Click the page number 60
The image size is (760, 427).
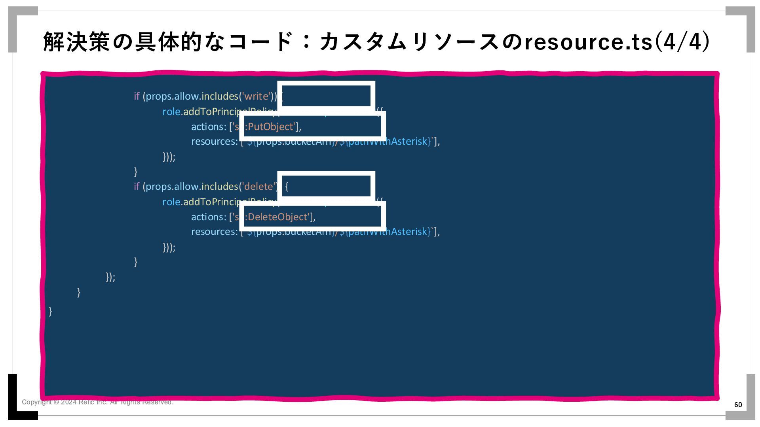pyautogui.click(x=738, y=404)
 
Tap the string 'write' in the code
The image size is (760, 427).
pyautogui.click(x=256, y=96)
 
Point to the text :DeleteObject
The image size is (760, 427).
pyautogui.click(x=277, y=217)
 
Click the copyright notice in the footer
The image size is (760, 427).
pyautogui.click(x=97, y=402)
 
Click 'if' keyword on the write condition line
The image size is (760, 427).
pyautogui.click(x=137, y=96)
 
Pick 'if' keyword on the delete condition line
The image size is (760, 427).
pyautogui.click(x=137, y=187)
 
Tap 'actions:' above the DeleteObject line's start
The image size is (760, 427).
pyautogui.click(x=209, y=217)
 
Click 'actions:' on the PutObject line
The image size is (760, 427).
pyautogui.click(x=209, y=127)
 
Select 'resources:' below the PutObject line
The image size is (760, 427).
pyautogui.click(x=214, y=142)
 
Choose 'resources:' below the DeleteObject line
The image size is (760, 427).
pyautogui.click(x=214, y=232)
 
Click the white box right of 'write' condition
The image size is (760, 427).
pyautogui.click(x=326, y=96)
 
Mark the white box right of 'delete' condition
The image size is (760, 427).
pyautogui.click(x=326, y=186)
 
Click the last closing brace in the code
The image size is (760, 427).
pyautogui.click(x=50, y=311)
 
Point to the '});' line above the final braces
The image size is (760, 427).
pyautogui.click(x=110, y=277)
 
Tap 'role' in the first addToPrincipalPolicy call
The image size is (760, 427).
pyautogui.click(x=171, y=112)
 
